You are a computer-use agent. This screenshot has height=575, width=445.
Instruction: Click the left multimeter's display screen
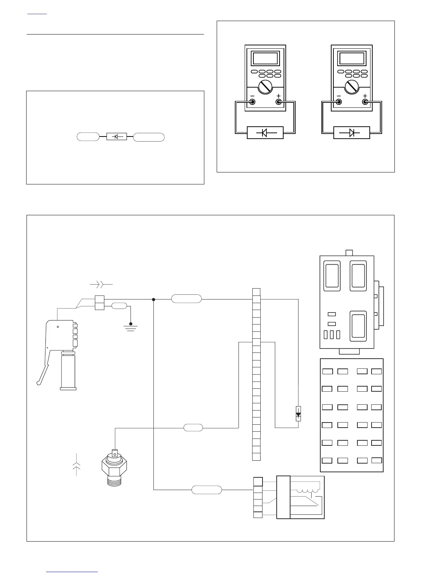point(265,58)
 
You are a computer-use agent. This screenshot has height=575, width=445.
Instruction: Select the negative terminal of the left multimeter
point(252,102)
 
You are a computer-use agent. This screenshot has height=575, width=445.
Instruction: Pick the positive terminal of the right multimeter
point(365,102)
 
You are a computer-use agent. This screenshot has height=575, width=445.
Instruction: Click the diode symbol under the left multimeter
point(265,133)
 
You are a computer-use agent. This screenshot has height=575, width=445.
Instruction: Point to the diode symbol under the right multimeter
point(352,133)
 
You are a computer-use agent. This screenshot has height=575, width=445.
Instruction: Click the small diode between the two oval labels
point(116,137)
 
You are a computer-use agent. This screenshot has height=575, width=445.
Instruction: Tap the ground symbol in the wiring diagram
point(131,327)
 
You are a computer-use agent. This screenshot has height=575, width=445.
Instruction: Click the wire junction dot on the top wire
point(153,299)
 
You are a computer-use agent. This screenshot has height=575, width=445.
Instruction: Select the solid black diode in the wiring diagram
point(298,414)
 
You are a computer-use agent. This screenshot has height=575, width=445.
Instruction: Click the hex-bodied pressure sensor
point(115,468)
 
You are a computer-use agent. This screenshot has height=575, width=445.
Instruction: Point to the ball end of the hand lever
point(39,382)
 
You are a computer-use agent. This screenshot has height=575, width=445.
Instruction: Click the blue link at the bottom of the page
point(72,572)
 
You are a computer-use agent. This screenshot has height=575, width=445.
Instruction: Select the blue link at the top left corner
point(37,14)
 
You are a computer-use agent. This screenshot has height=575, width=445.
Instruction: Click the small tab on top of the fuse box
point(349,253)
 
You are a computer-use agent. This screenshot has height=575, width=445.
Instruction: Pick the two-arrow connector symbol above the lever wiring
point(101,284)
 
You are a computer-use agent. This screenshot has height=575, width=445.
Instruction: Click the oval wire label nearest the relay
point(207,490)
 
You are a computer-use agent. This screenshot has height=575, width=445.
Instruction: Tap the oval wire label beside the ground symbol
point(119,306)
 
